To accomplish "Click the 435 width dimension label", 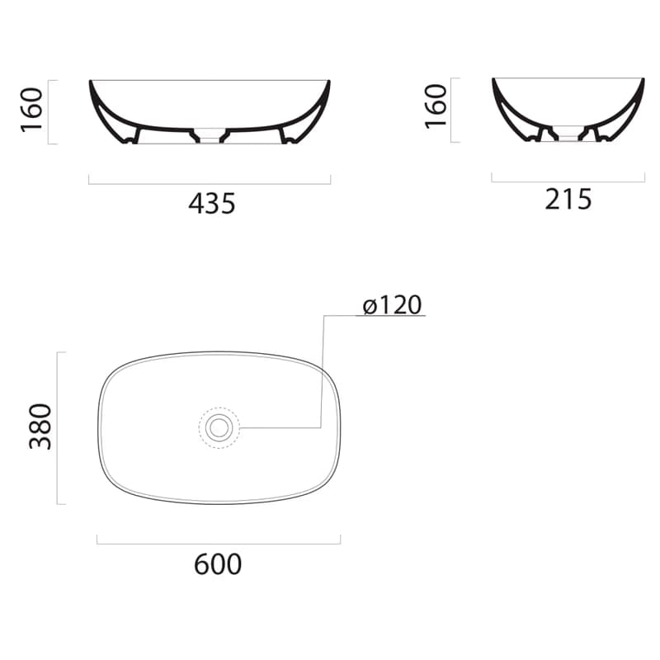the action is click(x=212, y=204).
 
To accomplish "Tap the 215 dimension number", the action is click(x=568, y=200).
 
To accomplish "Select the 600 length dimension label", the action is click(x=218, y=564).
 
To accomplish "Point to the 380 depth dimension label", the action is click(x=40, y=426).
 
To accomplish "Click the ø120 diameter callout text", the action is click(x=392, y=304).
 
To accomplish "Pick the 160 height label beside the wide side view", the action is click(x=32, y=111).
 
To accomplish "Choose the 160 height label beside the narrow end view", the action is click(x=436, y=106).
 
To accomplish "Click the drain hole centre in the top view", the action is click(x=219, y=427).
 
